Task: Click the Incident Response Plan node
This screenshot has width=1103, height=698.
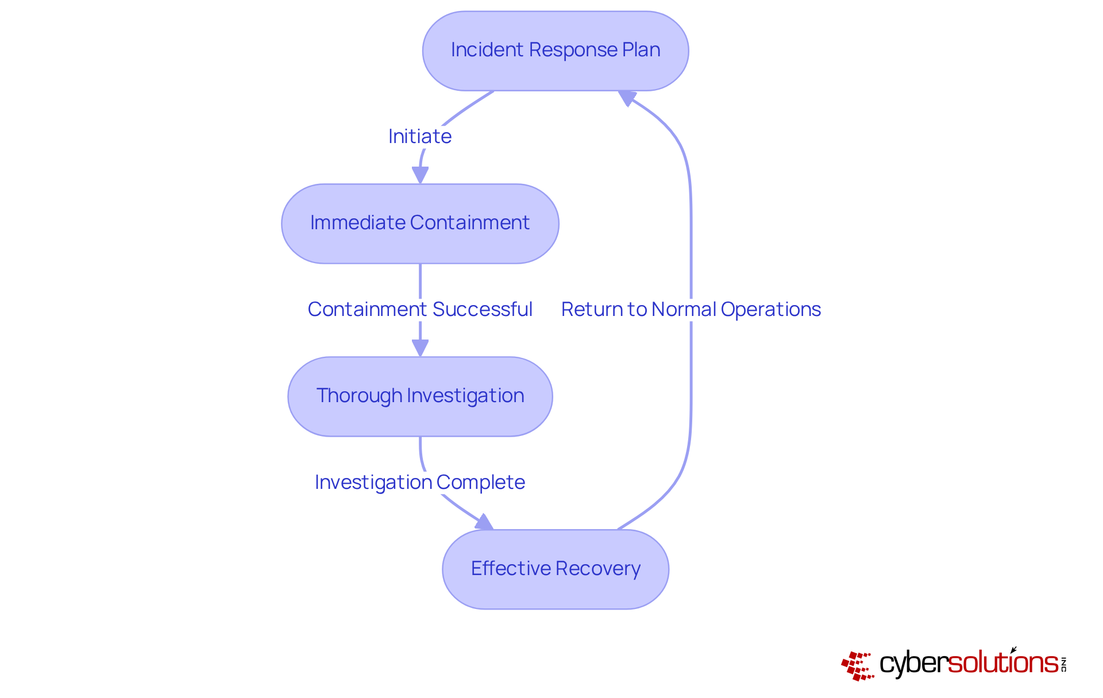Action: [555, 51]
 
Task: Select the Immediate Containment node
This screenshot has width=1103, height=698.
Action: [420, 223]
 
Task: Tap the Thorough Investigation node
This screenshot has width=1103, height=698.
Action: [420, 396]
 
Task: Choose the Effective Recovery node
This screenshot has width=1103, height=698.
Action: [555, 569]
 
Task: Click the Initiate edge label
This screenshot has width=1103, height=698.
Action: [420, 137]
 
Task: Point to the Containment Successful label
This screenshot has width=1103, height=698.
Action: [420, 310]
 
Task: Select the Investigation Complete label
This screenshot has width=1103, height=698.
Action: [420, 483]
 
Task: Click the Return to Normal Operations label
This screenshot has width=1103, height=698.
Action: [691, 310]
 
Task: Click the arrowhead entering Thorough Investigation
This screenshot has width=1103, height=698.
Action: [420, 348]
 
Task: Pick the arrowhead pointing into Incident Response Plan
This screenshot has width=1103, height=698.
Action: [627, 98]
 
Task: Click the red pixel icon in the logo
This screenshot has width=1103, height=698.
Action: [857, 666]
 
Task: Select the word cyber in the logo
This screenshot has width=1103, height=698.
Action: [913, 664]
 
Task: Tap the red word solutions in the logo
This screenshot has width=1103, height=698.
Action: [1002, 663]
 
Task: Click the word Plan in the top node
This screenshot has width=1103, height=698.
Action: [641, 50]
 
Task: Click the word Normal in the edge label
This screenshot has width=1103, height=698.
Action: [684, 310]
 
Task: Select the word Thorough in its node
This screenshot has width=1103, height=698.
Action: [359, 396]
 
